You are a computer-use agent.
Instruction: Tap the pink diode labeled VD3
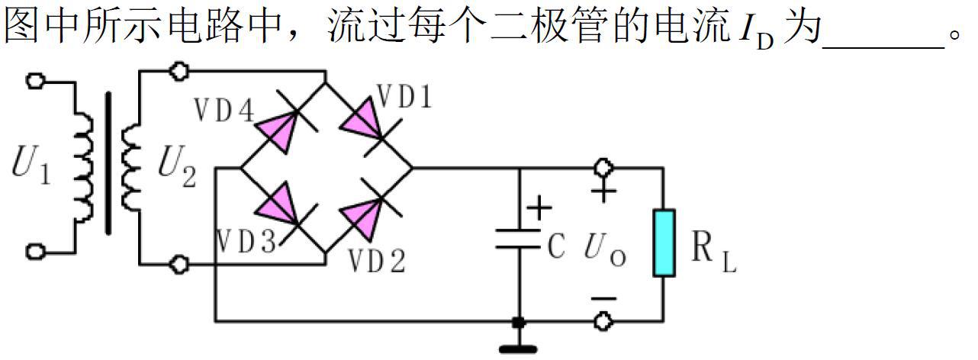click(277, 204)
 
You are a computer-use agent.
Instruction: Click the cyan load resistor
click(664, 243)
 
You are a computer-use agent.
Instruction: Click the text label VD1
click(404, 97)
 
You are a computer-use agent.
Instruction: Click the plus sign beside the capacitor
click(539, 207)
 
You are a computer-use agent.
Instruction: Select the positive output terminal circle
click(603, 167)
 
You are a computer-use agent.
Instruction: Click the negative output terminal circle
click(603, 321)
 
